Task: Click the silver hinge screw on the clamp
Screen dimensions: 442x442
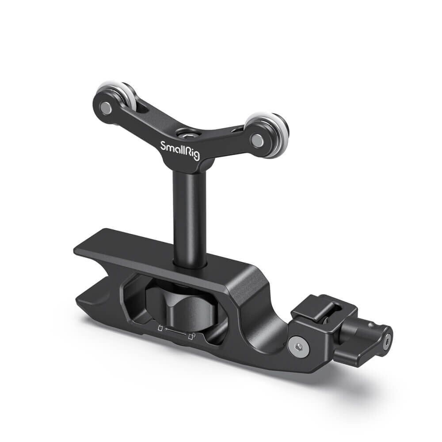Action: [x=299, y=346]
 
